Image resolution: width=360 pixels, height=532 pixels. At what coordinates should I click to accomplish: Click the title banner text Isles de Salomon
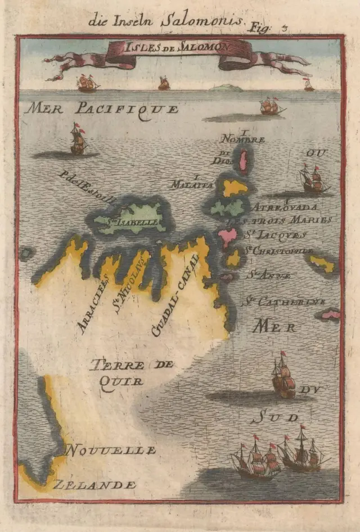pos(177,47)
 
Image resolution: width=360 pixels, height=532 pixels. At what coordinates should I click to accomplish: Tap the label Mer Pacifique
pos(101,109)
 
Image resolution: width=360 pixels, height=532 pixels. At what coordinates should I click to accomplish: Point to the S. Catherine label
pos(283,302)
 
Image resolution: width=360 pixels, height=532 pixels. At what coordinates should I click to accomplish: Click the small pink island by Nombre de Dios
pos(244,161)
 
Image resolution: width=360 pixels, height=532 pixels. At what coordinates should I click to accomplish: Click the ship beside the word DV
pos(283,375)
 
